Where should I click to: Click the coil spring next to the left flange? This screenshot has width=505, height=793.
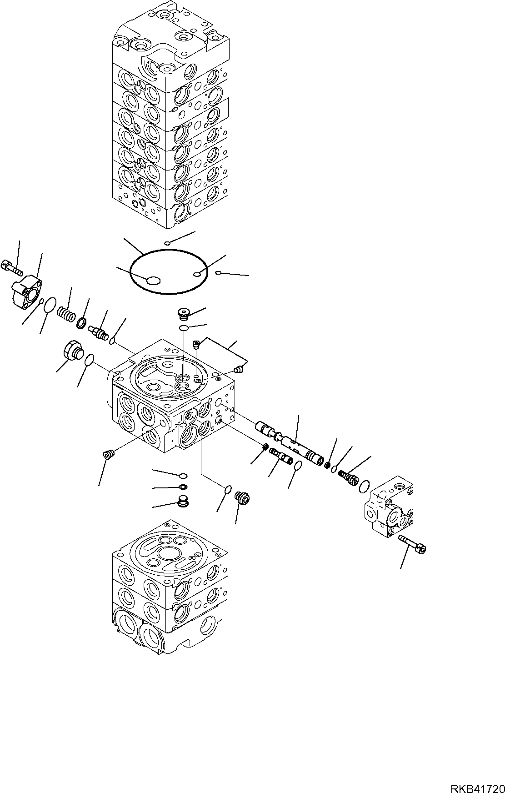(66, 313)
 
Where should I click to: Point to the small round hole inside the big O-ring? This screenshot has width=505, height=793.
(197, 274)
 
